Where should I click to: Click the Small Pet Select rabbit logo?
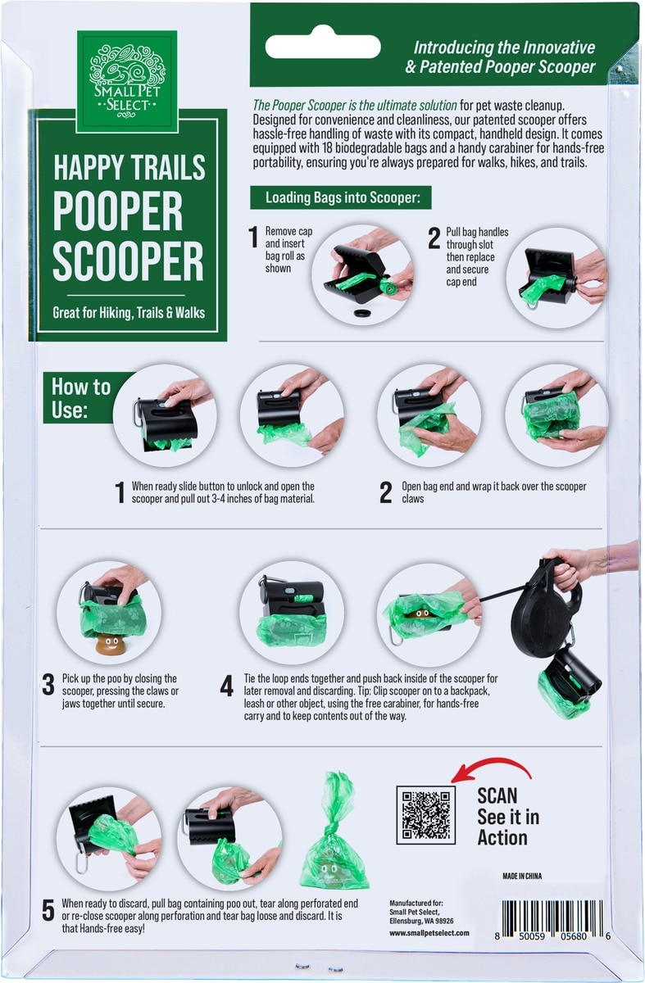point(127,81)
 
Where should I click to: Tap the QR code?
point(425,814)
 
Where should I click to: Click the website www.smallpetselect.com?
point(429,933)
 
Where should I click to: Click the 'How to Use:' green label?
point(81,397)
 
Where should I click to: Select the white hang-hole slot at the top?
point(323,47)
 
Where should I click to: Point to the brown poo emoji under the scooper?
point(107,644)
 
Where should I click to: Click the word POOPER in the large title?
point(118,211)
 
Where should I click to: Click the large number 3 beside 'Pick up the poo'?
point(48,685)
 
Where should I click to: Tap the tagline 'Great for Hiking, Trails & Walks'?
point(129,312)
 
